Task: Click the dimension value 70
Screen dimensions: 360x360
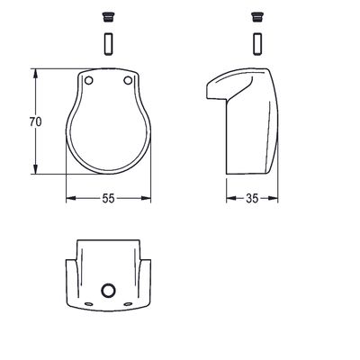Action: [36, 121]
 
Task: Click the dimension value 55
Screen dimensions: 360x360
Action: [108, 198]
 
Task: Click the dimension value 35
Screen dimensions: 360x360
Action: [252, 198]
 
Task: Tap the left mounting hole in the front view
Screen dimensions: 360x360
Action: [88, 80]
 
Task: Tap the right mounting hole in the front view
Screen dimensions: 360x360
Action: [128, 80]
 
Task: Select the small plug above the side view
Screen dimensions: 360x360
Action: [256, 17]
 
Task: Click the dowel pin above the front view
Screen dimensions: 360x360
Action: [108, 44]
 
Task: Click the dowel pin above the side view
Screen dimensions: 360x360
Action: [257, 44]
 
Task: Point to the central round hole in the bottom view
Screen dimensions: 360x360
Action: [108, 290]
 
